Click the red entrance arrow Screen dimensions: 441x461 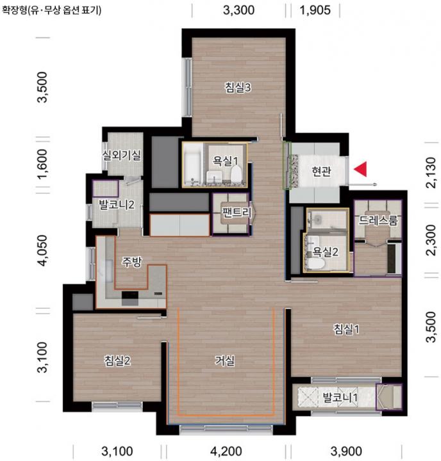[362, 169]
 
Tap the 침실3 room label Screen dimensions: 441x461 [238, 87]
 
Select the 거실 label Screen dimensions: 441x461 [225, 360]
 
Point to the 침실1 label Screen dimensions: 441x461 [346, 328]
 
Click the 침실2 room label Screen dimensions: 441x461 [117, 360]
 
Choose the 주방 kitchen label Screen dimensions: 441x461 [132, 261]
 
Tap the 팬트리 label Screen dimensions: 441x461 [237, 212]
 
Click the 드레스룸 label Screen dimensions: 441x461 [378, 220]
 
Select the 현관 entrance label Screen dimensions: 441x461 [321, 171]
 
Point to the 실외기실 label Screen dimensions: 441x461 [121, 155]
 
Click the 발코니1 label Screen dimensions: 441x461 [340, 398]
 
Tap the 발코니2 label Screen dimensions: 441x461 [117, 204]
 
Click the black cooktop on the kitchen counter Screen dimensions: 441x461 [130, 295]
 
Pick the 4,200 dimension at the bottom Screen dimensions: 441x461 [226, 451]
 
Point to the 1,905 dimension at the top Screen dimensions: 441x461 [315, 10]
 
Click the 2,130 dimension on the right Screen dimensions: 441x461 [431, 172]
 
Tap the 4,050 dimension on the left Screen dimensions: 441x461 [43, 250]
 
